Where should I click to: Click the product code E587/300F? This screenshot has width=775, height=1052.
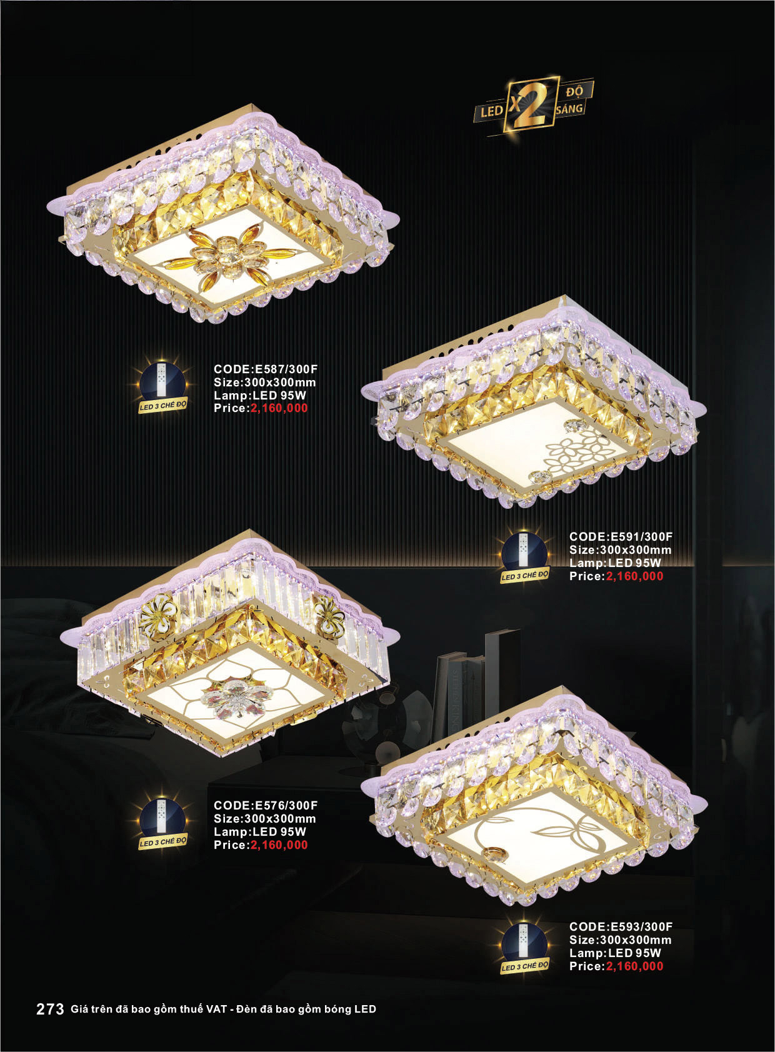pyautogui.click(x=285, y=369)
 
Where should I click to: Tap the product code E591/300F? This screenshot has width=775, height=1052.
pyautogui.click(x=641, y=536)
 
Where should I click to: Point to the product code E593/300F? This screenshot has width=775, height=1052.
pyautogui.click(x=641, y=926)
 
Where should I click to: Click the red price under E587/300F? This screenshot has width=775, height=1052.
pyautogui.click(x=279, y=408)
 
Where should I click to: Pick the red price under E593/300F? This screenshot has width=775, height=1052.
pyautogui.click(x=635, y=966)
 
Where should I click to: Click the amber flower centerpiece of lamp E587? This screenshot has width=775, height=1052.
pyautogui.click(x=231, y=256)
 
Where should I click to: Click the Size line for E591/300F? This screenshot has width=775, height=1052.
pyautogui.click(x=621, y=549)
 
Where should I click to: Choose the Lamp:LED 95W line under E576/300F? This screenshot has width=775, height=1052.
pyautogui.click(x=260, y=832)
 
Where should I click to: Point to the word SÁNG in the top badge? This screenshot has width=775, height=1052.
pyautogui.click(x=570, y=109)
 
